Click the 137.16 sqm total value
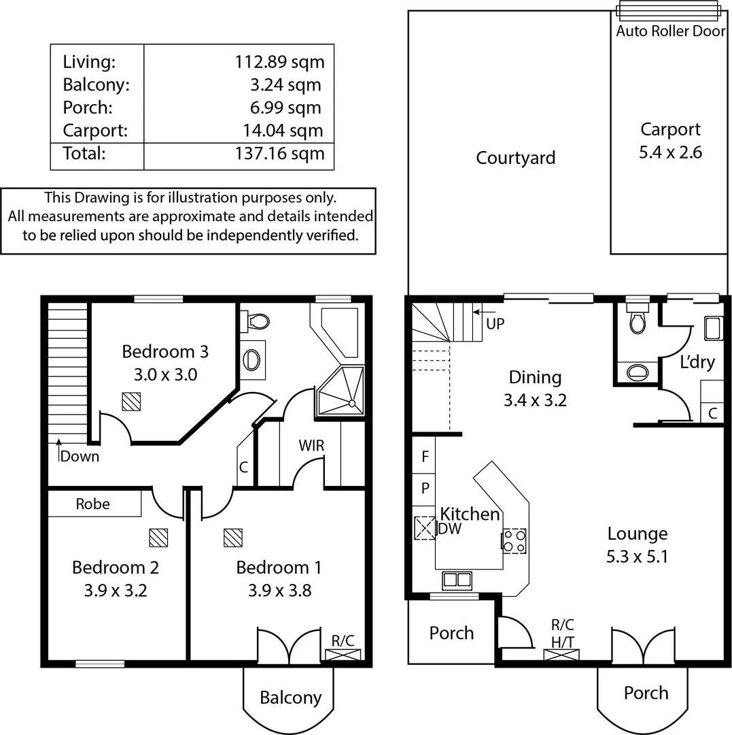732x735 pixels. (x=279, y=153)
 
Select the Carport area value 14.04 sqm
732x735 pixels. (x=283, y=131)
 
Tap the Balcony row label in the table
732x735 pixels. (x=96, y=85)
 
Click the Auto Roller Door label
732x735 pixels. (x=670, y=31)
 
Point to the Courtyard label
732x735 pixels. (x=515, y=158)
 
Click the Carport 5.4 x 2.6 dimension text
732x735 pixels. (x=670, y=152)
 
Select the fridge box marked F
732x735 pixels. (x=425, y=457)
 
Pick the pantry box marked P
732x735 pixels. (x=425, y=489)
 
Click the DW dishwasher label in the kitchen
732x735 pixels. (x=449, y=529)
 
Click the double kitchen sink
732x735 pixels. (x=457, y=580)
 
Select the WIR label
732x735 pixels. (x=311, y=446)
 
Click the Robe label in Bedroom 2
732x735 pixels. (x=93, y=504)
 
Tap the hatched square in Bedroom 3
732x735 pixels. (x=131, y=402)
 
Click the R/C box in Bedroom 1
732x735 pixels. (x=342, y=655)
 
